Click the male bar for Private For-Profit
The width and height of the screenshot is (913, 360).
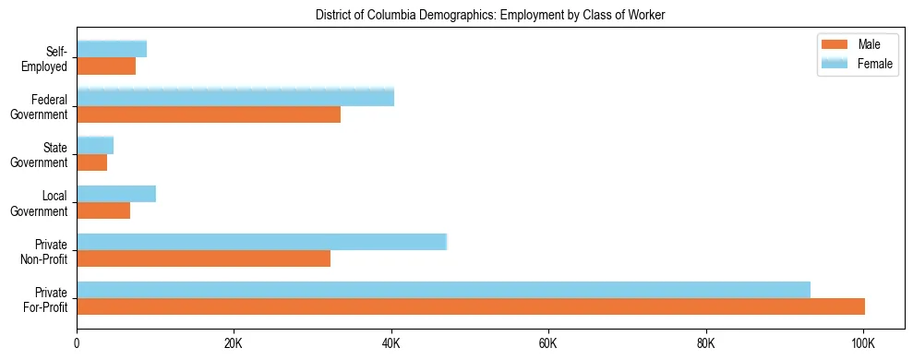tap(471, 306)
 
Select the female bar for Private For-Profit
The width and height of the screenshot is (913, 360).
tap(443, 290)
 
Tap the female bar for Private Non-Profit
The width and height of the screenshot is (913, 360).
tap(261, 242)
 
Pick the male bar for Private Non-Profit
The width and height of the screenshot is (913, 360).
tap(203, 258)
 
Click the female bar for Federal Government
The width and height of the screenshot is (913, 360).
tap(235, 97)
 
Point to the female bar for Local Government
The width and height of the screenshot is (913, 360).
tap(116, 194)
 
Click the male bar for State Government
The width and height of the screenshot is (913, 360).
tap(91, 162)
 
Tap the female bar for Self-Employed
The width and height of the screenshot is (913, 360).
tap(112, 49)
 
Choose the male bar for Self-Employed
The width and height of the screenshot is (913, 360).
tap(106, 66)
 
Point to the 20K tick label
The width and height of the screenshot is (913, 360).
tap(234, 344)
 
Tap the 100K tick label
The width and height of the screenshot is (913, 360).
tap(863, 344)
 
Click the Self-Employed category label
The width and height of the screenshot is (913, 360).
tap(48, 59)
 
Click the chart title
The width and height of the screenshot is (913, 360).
tap(489, 15)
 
